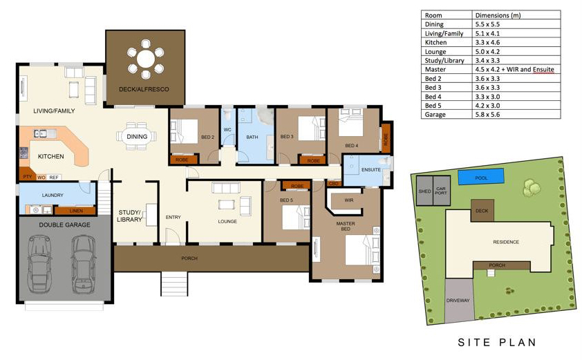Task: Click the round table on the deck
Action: click(145, 59)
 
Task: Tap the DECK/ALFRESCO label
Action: click(144, 89)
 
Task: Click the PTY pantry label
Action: click(28, 177)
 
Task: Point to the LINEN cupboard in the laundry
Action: click(76, 211)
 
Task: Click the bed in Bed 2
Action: click(184, 131)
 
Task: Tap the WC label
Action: click(227, 129)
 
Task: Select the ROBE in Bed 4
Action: click(386, 139)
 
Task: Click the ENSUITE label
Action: click(370, 169)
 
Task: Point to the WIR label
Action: click(349, 200)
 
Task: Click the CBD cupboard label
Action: click(334, 183)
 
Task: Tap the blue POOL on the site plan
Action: click(481, 177)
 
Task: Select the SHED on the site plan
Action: click(424, 191)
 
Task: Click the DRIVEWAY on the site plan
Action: click(459, 301)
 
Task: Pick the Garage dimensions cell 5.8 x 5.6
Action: click(487, 114)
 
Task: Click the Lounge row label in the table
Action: click(435, 52)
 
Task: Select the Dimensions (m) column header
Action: click(498, 15)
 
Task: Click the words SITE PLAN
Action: click(497, 342)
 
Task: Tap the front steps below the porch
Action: click(174, 284)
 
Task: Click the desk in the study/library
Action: click(151, 214)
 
